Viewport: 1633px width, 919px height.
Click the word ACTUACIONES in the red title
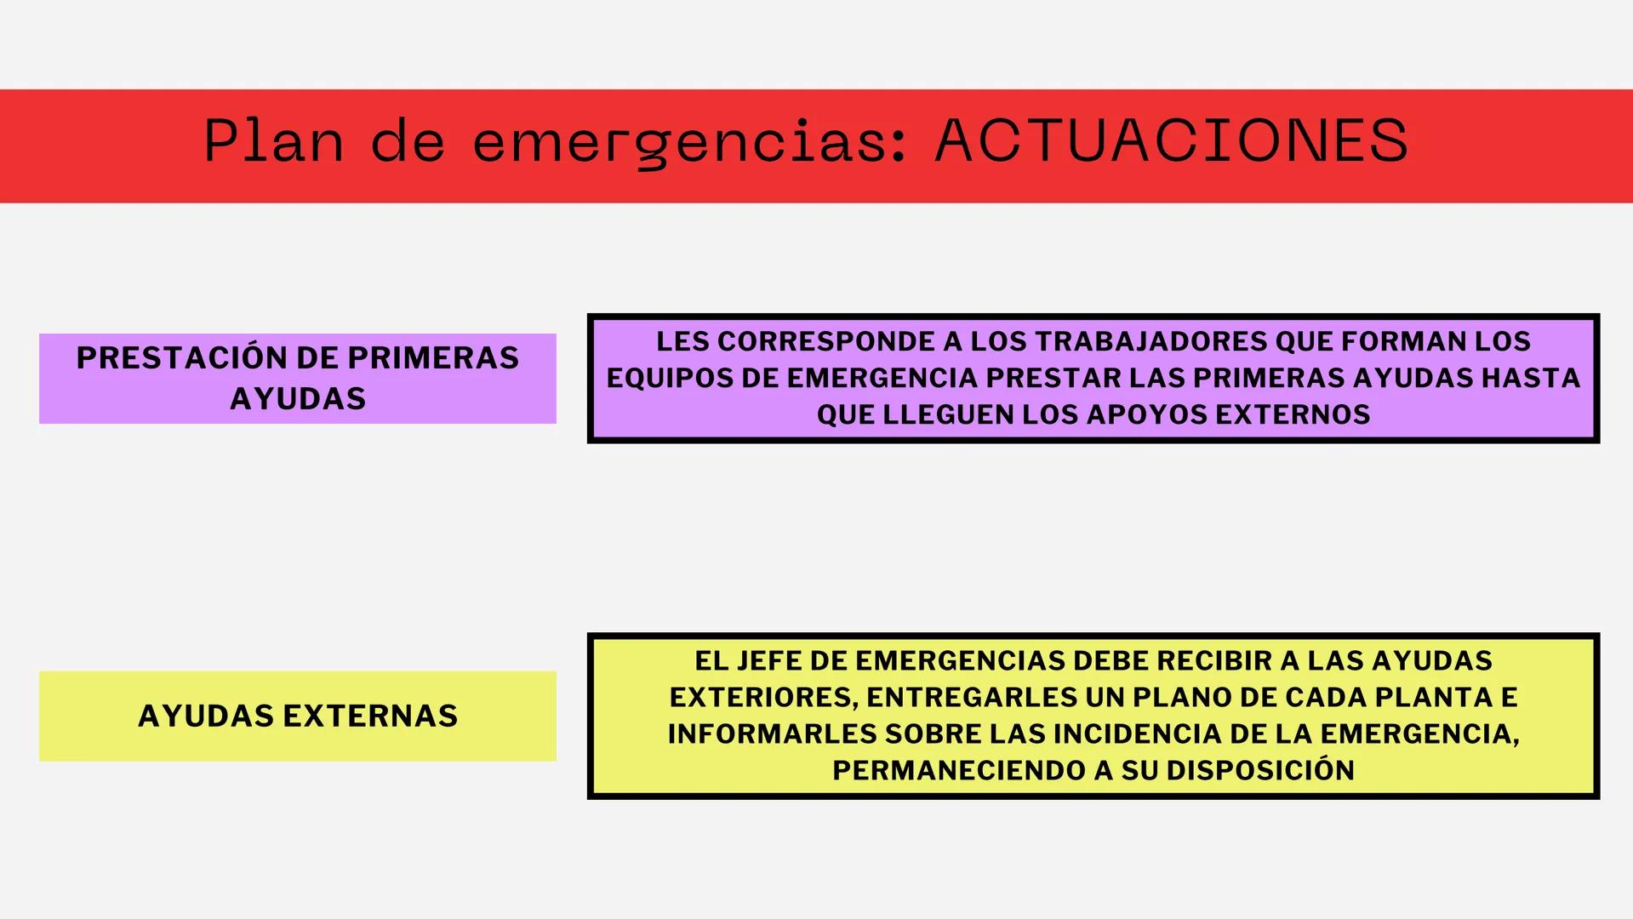[1171, 140]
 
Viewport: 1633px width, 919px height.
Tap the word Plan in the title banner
[273, 140]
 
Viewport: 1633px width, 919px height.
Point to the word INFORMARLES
[771, 733]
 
